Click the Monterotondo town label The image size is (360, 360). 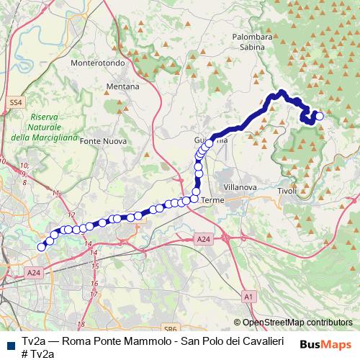98,63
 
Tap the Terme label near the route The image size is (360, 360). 213,199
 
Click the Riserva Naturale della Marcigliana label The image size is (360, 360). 35,127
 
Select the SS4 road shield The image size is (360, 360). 17,103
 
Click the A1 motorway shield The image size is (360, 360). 248,295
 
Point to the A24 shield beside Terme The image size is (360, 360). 204,239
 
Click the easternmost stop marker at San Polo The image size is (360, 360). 319,116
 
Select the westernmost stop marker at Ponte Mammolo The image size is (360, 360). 42,247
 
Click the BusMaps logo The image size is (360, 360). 325,344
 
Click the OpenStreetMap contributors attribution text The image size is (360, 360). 297,323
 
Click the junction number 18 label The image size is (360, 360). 81,325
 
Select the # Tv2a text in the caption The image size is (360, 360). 37,353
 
